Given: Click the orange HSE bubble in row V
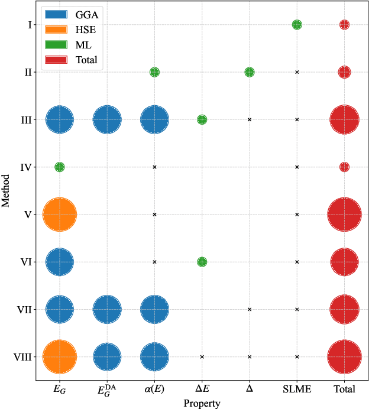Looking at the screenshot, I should (60, 214).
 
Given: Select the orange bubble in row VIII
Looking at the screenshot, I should (60, 356).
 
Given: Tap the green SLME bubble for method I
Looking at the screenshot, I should (297, 25).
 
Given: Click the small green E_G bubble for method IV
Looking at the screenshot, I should (60, 167).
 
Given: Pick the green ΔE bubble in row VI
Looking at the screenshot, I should (202, 262).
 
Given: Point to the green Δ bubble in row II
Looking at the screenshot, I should (250, 72).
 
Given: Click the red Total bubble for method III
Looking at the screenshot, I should (344, 119).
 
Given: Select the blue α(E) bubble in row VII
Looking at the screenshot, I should (154, 309).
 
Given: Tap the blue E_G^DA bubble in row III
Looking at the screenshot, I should (107, 119).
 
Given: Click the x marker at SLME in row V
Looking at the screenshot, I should (297, 214).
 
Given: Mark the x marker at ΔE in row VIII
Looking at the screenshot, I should (202, 356).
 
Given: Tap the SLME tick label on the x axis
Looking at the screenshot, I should (297, 389).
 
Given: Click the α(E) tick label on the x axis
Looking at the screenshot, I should (154, 389).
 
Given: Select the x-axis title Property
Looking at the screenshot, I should (202, 402).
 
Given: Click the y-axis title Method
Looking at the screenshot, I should (6, 190).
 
